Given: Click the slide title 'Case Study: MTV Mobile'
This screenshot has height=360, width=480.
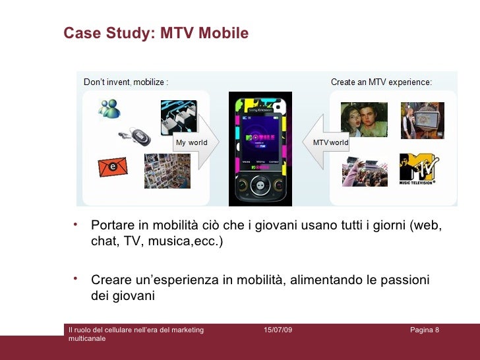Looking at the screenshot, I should point(156,33).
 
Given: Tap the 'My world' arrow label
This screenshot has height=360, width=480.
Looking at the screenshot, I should point(191,142).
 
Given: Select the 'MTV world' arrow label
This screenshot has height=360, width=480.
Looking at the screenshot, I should point(330,142).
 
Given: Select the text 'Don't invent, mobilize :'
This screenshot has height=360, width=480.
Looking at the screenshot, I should point(125,83).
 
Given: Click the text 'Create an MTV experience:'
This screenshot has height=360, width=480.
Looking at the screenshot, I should point(381,83).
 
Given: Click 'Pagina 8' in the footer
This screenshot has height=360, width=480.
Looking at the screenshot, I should point(424,329).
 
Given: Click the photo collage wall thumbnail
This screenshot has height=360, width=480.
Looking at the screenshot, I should point(167,171).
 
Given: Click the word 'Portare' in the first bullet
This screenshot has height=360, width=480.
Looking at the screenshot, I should point(112,226).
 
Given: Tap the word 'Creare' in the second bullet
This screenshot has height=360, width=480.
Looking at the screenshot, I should point(111,281).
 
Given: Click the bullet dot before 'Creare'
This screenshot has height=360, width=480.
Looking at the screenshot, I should point(76,278).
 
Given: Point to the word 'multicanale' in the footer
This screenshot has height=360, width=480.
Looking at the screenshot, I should point(86,338).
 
